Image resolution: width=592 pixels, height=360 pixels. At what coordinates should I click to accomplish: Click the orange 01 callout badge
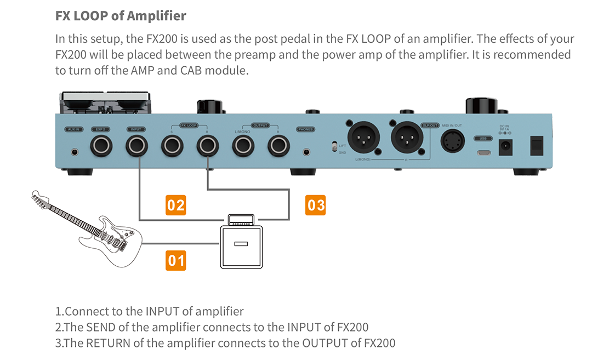click(176, 260)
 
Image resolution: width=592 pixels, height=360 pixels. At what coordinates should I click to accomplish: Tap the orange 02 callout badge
click(176, 205)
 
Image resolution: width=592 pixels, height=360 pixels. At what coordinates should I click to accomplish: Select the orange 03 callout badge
click(316, 205)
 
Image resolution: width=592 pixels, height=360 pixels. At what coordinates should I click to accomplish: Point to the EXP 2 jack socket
click(101, 146)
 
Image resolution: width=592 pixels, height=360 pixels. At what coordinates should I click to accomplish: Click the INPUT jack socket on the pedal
click(136, 146)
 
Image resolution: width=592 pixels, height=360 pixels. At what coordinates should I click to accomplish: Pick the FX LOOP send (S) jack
click(172, 146)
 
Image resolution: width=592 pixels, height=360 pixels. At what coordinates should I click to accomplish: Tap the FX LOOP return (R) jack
click(207, 146)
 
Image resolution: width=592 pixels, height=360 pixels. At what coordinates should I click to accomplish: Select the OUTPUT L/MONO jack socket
click(243, 146)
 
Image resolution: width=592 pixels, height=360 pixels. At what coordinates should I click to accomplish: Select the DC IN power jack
click(506, 146)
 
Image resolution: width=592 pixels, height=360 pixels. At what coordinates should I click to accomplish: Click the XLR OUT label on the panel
click(429, 125)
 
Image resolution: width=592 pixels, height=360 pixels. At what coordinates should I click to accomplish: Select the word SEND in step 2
click(101, 327)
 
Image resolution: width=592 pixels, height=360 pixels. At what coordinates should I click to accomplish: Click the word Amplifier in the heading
click(156, 16)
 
